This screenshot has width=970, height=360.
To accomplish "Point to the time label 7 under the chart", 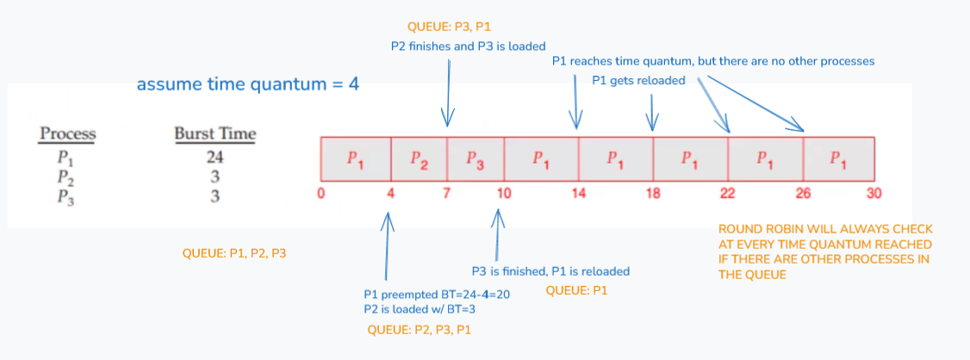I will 447,193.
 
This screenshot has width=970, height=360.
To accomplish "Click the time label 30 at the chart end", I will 874,193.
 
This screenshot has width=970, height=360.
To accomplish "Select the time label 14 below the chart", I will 578,193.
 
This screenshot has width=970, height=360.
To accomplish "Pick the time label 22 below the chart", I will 728,193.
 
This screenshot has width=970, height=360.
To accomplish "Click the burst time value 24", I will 215,157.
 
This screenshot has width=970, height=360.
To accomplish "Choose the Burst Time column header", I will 215,134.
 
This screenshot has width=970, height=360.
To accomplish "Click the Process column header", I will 67,134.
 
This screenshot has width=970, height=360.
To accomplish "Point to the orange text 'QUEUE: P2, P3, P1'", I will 419,330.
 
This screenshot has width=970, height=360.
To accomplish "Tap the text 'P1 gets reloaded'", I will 638,81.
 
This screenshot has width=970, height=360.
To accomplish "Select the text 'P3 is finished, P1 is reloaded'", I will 550,270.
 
